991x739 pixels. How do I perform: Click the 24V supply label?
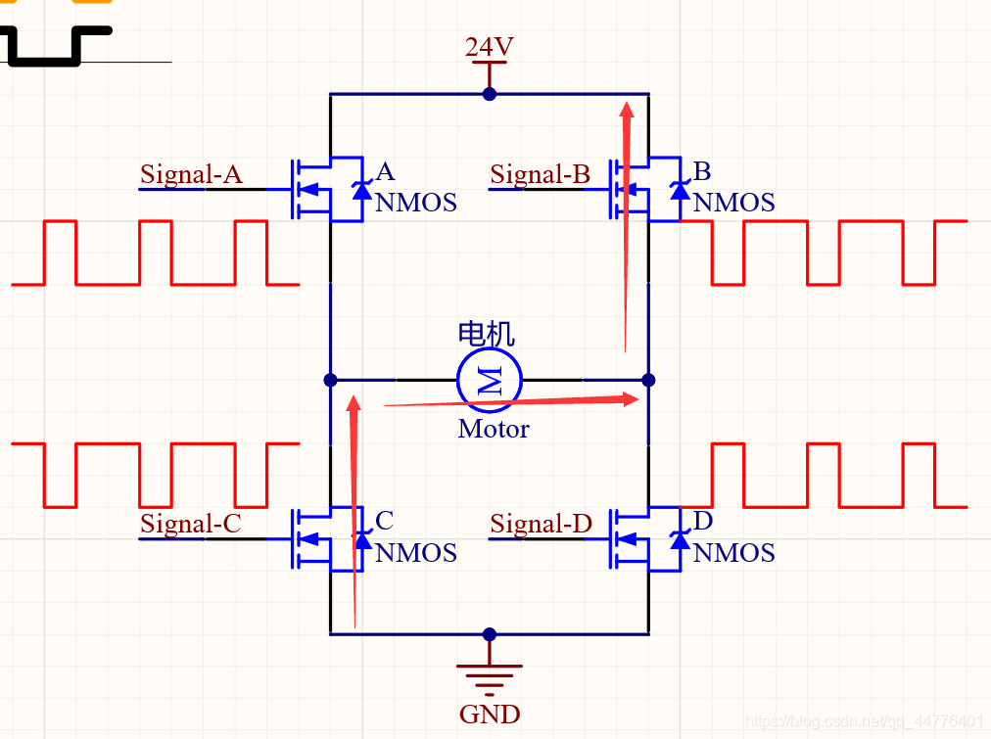489,47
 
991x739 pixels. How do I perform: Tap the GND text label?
490,714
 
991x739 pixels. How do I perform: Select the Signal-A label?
191,174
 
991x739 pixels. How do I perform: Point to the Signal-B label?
541,174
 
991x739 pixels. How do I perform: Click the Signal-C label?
191,524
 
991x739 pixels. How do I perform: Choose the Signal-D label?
542,524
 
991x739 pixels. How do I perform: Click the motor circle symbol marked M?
490,379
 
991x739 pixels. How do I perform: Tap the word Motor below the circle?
494,429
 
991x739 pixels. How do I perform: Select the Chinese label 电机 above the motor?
486,334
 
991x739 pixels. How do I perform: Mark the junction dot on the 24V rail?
490,94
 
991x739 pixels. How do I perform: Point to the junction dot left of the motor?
330,379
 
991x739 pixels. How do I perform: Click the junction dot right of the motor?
647,379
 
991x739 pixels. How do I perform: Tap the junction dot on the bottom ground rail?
490,634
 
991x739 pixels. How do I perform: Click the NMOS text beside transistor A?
416,203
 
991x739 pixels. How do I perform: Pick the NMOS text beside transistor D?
734,553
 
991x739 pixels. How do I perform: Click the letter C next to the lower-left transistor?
384,520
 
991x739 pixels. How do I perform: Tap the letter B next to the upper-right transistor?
701,172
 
